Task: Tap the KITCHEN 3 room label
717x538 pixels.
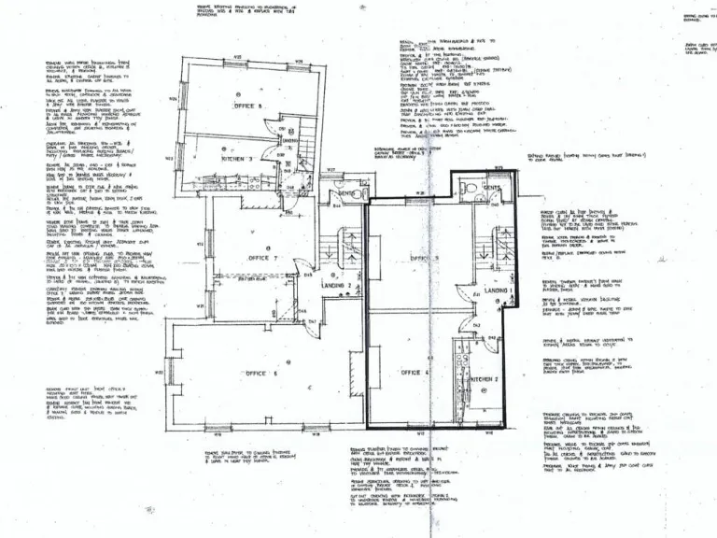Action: [237, 159]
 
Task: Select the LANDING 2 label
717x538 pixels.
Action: [336, 286]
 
